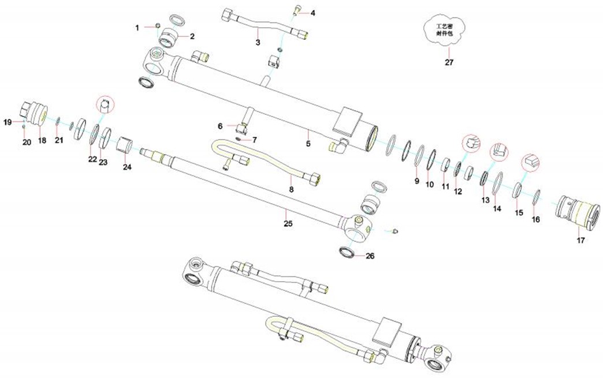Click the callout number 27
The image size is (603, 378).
click(x=449, y=62)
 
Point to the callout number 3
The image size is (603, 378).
click(x=258, y=43)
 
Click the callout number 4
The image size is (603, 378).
click(x=313, y=12)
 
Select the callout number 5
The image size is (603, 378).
click(x=308, y=143)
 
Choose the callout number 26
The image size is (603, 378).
click(x=370, y=256)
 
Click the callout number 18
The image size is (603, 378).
click(x=42, y=141)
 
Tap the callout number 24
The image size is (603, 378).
click(x=128, y=167)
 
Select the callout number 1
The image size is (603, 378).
click(x=137, y=27)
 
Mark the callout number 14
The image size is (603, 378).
click(x=497, y=209)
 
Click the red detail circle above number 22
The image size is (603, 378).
click(x=105, y=106)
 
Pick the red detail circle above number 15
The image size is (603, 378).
click(x=530, y=162)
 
